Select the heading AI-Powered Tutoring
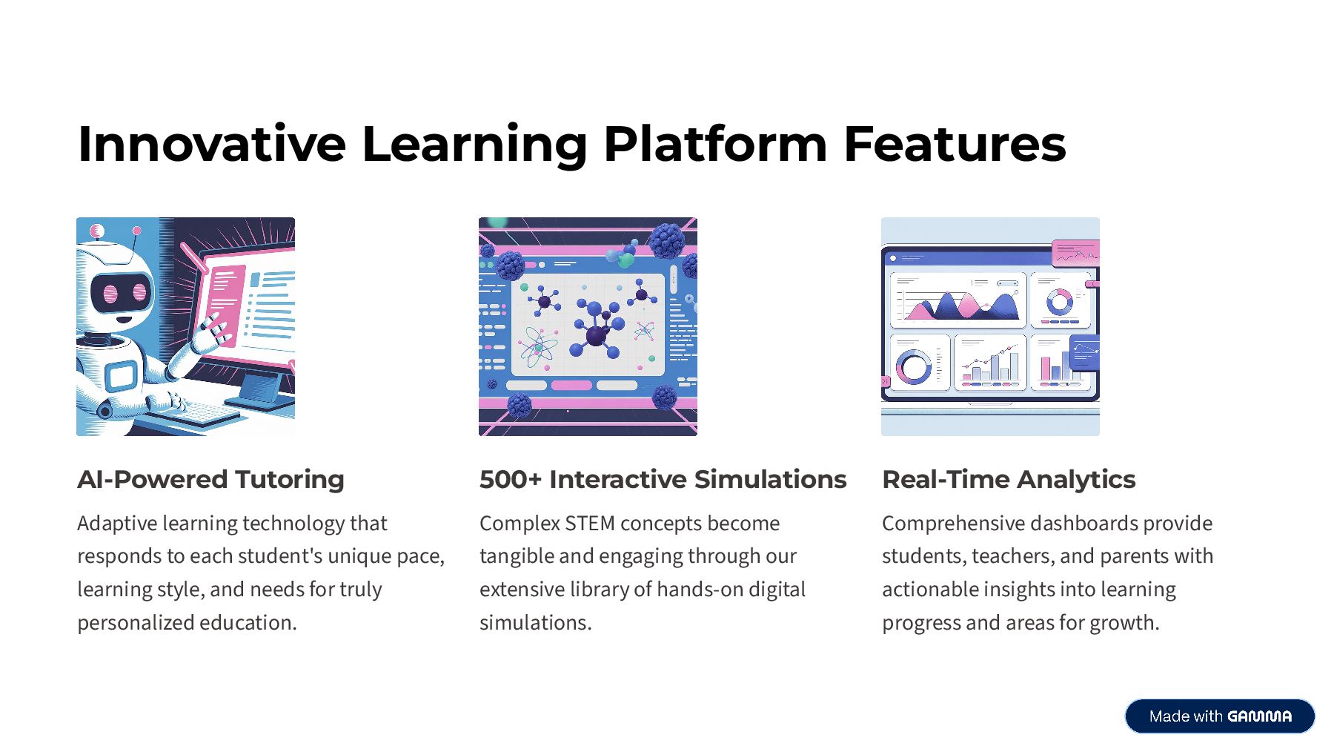211,480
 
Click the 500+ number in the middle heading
511,480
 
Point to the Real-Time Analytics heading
1009,480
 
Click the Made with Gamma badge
1220,716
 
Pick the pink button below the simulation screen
571,385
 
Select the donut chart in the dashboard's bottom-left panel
914,366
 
